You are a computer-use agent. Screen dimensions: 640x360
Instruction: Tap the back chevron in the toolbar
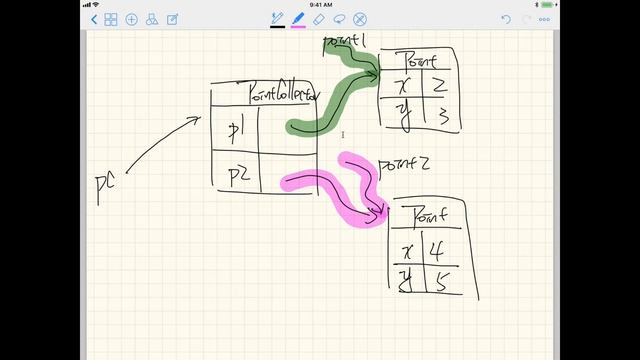[x=94, y=19]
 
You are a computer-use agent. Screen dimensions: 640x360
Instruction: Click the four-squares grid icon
[x=111, y=19]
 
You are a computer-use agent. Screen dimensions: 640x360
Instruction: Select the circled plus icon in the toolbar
[x=131, y=19]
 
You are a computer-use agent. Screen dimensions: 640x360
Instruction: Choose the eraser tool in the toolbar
[x=319, y=19]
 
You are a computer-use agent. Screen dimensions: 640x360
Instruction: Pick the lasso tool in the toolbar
[x=340, y=19]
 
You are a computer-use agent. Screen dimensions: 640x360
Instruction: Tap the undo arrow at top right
[x=506, y=19]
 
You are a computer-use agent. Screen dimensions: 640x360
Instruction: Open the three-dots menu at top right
[x=545, y=19]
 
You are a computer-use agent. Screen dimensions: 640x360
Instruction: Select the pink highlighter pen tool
[x=298, y=19]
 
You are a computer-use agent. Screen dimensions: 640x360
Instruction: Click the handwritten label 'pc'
[x=105, y=188]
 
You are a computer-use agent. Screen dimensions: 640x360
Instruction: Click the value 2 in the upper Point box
[x=438, y=86]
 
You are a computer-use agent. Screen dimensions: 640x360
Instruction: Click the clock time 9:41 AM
[x=321, y=5]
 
